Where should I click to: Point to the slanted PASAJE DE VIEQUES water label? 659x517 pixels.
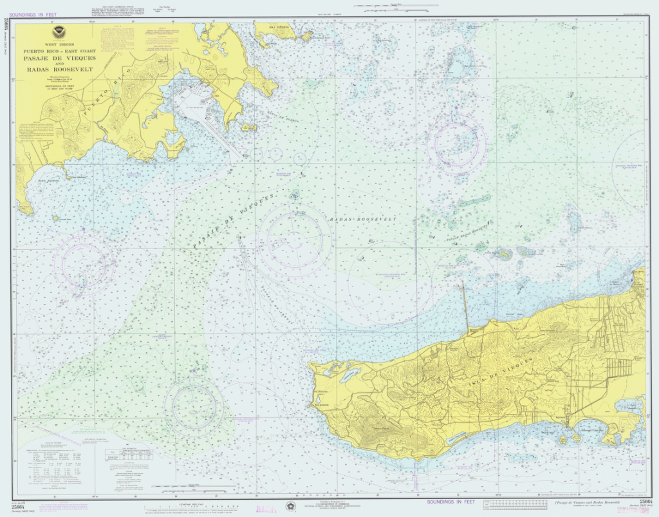[x=234, y=219]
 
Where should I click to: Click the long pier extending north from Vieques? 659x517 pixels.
[x=464, y=306]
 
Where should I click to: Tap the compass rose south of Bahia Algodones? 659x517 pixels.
[x=84, y=262]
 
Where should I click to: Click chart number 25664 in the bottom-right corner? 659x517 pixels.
[x=645, y=501]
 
